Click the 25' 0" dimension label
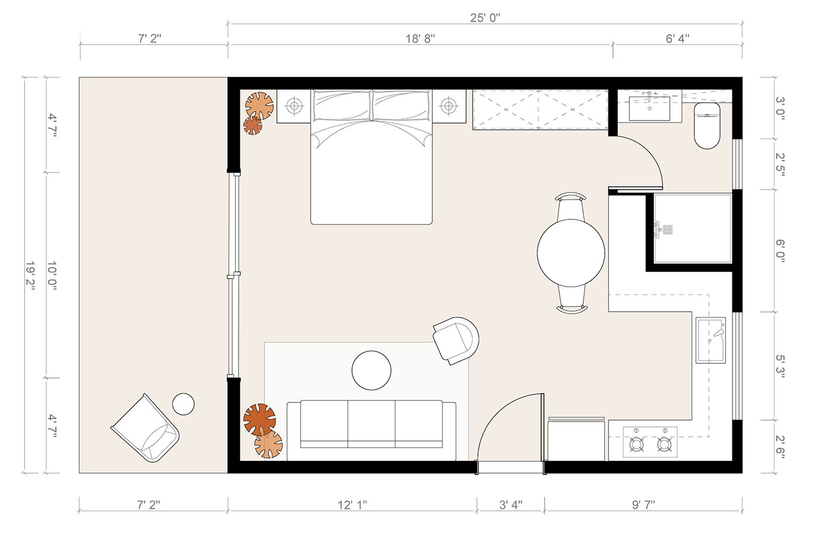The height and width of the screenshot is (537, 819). point(485,18)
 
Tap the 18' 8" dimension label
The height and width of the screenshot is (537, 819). point(420,39)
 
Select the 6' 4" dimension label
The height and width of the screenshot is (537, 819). point(677,39)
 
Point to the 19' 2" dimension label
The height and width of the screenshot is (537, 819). point(30,276)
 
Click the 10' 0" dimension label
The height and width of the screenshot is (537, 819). point(52,276)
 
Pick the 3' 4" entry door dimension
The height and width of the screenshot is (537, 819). point(511,505)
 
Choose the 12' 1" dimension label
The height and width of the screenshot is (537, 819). point(352,505)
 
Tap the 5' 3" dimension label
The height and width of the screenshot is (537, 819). point(780,366)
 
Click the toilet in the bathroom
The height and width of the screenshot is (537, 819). point(707,126)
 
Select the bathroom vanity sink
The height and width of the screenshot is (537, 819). point(649,108)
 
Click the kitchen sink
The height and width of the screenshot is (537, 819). point(710,340)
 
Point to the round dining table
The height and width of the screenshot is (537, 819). point(571,253)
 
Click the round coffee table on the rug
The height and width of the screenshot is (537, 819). point(371,370)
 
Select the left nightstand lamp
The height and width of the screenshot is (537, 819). point(294,106)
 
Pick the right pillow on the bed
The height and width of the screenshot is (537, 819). point(400,105)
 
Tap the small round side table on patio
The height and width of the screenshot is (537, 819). point(183,404)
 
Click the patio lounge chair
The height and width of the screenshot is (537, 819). point(146,428)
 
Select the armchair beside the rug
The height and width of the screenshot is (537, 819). point(456,340)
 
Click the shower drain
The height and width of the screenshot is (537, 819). point(667,229)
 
